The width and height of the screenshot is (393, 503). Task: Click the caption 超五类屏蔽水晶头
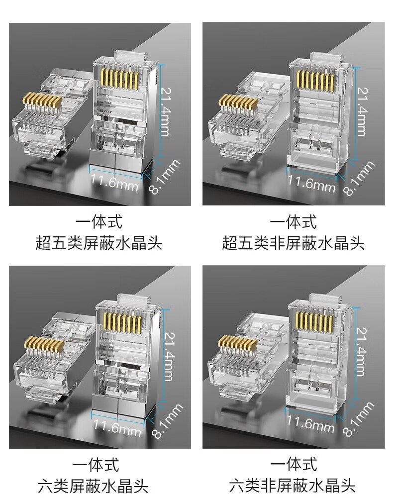(99, 243)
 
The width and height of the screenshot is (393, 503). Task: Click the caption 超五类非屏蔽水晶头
(293, 243)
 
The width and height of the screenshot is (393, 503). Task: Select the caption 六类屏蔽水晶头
(93, 486)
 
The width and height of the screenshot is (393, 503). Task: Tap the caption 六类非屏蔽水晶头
(292, 486)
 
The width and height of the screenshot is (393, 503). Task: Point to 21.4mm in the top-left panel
(165, 112)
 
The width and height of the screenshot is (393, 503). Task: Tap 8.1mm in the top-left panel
(165, 177)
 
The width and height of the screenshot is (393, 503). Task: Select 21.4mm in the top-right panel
(362, 112)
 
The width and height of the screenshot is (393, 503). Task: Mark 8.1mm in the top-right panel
(358, 178)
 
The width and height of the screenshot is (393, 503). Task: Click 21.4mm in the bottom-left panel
(169, 356)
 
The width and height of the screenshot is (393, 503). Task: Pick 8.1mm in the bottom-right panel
(358, 419)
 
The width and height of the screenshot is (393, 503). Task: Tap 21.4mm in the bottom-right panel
(362, 352)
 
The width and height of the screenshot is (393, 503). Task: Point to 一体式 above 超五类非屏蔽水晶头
(293, 222)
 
